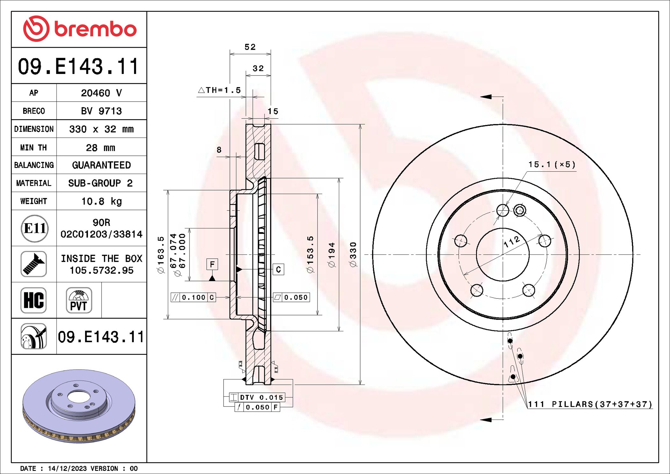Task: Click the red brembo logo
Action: pos(80,29)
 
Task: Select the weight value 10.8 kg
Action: pos(101,201)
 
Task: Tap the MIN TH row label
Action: pos(33,147)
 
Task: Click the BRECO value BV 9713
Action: pos(101,111)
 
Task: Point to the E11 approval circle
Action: pos(34,228)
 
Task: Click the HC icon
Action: pos(34,300)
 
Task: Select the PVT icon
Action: pos(79,300)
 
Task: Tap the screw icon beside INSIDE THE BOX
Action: pos(34,264)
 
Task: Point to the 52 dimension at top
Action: pos(250,47)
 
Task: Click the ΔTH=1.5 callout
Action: pos(219,90)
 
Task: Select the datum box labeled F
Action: pos(212,264)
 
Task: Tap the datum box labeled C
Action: pos(278,269)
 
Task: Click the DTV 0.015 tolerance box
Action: pos(257,397)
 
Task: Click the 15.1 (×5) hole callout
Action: pos(552,165)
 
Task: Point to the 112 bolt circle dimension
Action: pos(512,241)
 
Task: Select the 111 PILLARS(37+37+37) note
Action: pos(590,404)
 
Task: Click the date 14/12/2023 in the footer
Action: pos(67,468)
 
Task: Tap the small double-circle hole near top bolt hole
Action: pos(520,210)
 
